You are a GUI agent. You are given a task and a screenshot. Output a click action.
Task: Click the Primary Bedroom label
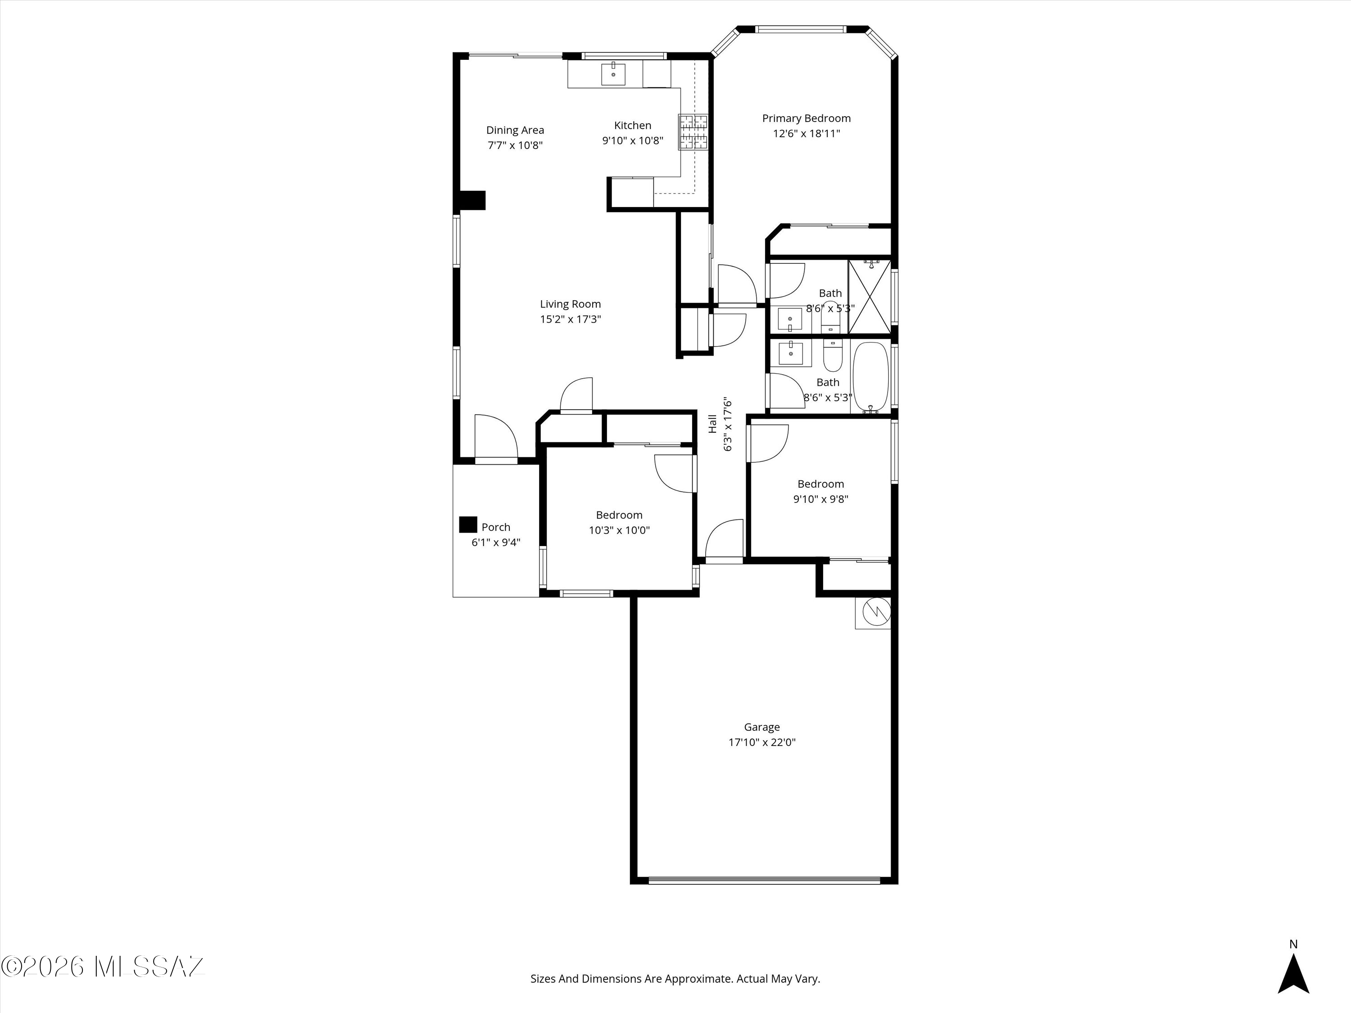click(x=806, y=118)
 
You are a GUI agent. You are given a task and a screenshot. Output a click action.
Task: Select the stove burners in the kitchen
click(x=693, y=132)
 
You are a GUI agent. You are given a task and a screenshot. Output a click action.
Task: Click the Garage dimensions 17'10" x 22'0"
click(x=762, y=742)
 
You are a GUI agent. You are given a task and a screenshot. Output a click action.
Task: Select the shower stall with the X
click(x=869, y=297)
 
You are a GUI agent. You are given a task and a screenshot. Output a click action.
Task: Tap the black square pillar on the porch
click(x=468, y=525)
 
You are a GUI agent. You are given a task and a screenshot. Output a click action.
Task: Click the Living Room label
click(x=570, y=304)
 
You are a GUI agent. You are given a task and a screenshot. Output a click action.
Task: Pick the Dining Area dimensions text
click(x=515, y=145)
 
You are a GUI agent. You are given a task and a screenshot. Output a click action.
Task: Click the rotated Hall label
click(x=712, y=424)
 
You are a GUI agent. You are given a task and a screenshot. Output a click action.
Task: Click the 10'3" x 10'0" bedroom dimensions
click(x=619, y=530)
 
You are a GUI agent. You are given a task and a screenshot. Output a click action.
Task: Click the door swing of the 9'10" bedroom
click(x=768, y=443)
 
